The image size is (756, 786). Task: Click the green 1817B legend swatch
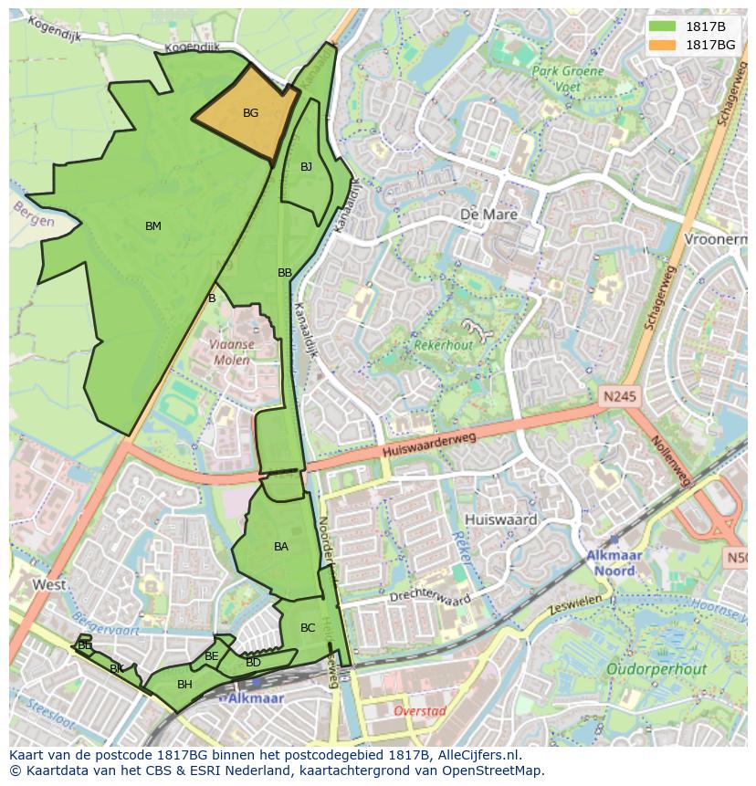[664, 26]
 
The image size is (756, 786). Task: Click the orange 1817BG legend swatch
[664, 45]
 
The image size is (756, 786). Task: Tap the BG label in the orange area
[250, 113]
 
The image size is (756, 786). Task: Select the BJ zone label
[306, 167]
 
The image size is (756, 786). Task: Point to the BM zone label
[152, 226]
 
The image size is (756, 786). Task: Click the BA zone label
[281, 547]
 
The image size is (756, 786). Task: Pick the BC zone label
[308, 628]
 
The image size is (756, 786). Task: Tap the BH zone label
[184, 685]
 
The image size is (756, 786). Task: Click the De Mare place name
[488, 215]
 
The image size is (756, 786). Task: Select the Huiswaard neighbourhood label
[500, 519]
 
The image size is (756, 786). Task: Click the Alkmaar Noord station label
[614, 563]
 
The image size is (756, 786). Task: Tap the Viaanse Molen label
[231, 352]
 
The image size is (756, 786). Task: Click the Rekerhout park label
[444, 346]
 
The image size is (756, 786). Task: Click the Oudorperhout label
[656, 669]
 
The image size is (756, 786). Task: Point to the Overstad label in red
[419, 710]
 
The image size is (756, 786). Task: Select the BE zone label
[212, 656]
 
